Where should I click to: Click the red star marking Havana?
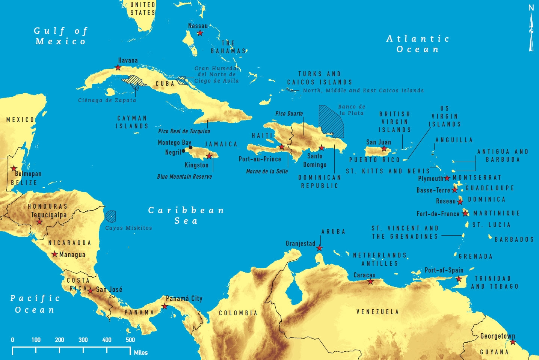[x=118, y=68]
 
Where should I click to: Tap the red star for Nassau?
[x=200, y=33]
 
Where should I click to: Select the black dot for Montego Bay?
[x=190, y=147]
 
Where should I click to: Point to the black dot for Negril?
[x=183, y=151]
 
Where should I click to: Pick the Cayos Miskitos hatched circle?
[x=110, y=216]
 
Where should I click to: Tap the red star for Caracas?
[x=370, y=282]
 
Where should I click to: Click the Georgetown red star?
[x=513, y=342]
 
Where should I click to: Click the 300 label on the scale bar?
[x=83, y=340]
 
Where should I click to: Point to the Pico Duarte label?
[x=289, y=113]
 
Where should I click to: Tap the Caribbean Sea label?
[x=186, y=215]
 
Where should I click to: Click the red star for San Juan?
[x=384, y=149]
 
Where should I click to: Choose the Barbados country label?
[x=514, y=239]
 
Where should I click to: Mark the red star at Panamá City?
[x=165, y=306]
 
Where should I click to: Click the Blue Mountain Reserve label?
[x=184, y=176]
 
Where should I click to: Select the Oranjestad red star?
[x=319, y=248]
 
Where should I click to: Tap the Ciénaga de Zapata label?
[x=107, y=100]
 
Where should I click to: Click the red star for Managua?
[x=55, y=254]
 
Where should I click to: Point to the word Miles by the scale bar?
[x=141, y=352]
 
